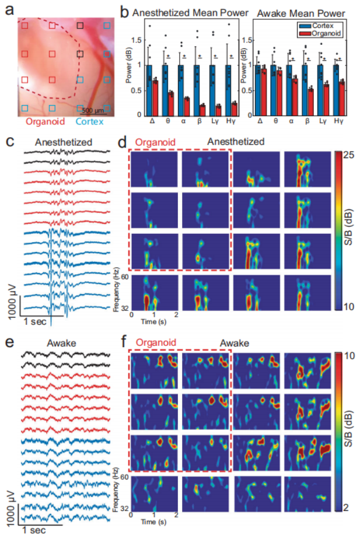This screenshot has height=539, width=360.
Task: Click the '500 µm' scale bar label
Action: point(92,110)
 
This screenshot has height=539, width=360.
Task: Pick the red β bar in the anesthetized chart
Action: point(202,109)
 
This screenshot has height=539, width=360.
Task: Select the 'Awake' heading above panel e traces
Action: point(64,344)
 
